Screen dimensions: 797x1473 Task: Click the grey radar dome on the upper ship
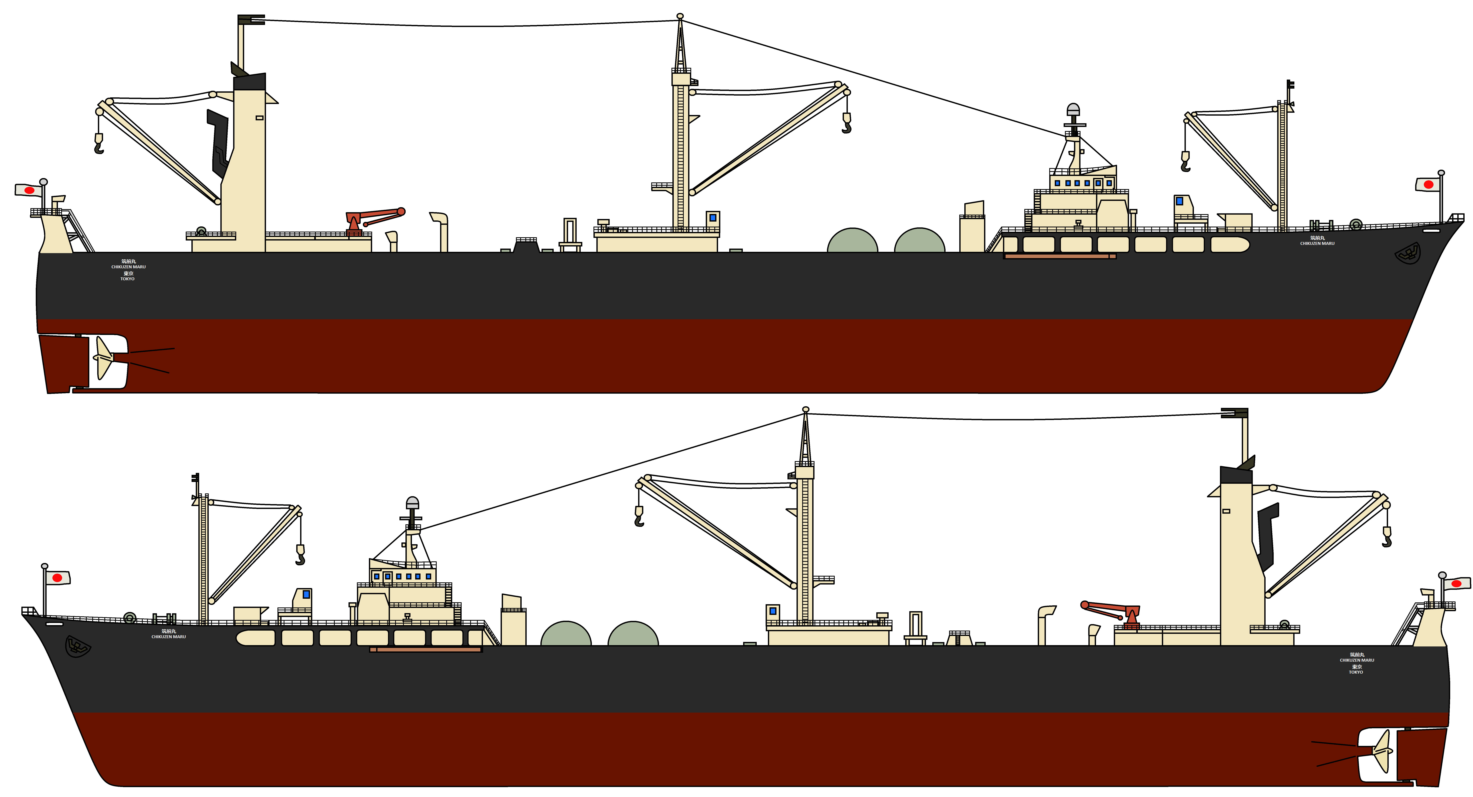tap(1073, 109)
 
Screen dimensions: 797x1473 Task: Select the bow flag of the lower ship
tap(57, 578)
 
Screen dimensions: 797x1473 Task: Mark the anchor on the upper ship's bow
tap(1408, 253)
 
